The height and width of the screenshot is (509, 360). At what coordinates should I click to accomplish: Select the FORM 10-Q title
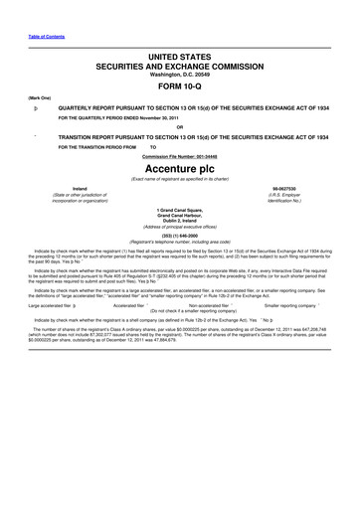point(180,95)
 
